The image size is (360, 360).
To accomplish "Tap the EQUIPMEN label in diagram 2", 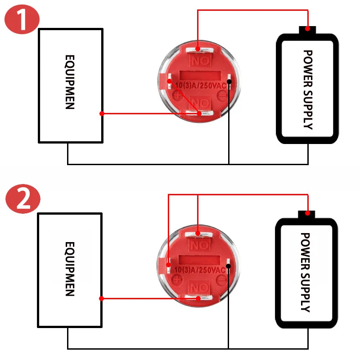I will click(69, 269).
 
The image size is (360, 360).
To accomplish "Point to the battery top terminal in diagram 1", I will click(308, 29).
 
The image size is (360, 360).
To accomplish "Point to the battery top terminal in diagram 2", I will click(308, 212).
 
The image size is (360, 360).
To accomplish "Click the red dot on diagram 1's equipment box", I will click(102, 114).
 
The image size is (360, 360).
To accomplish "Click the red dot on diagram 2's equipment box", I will click(102, 298).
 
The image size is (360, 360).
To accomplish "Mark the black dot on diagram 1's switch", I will click(229, 81).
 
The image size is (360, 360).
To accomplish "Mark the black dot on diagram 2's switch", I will click(229, 266).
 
